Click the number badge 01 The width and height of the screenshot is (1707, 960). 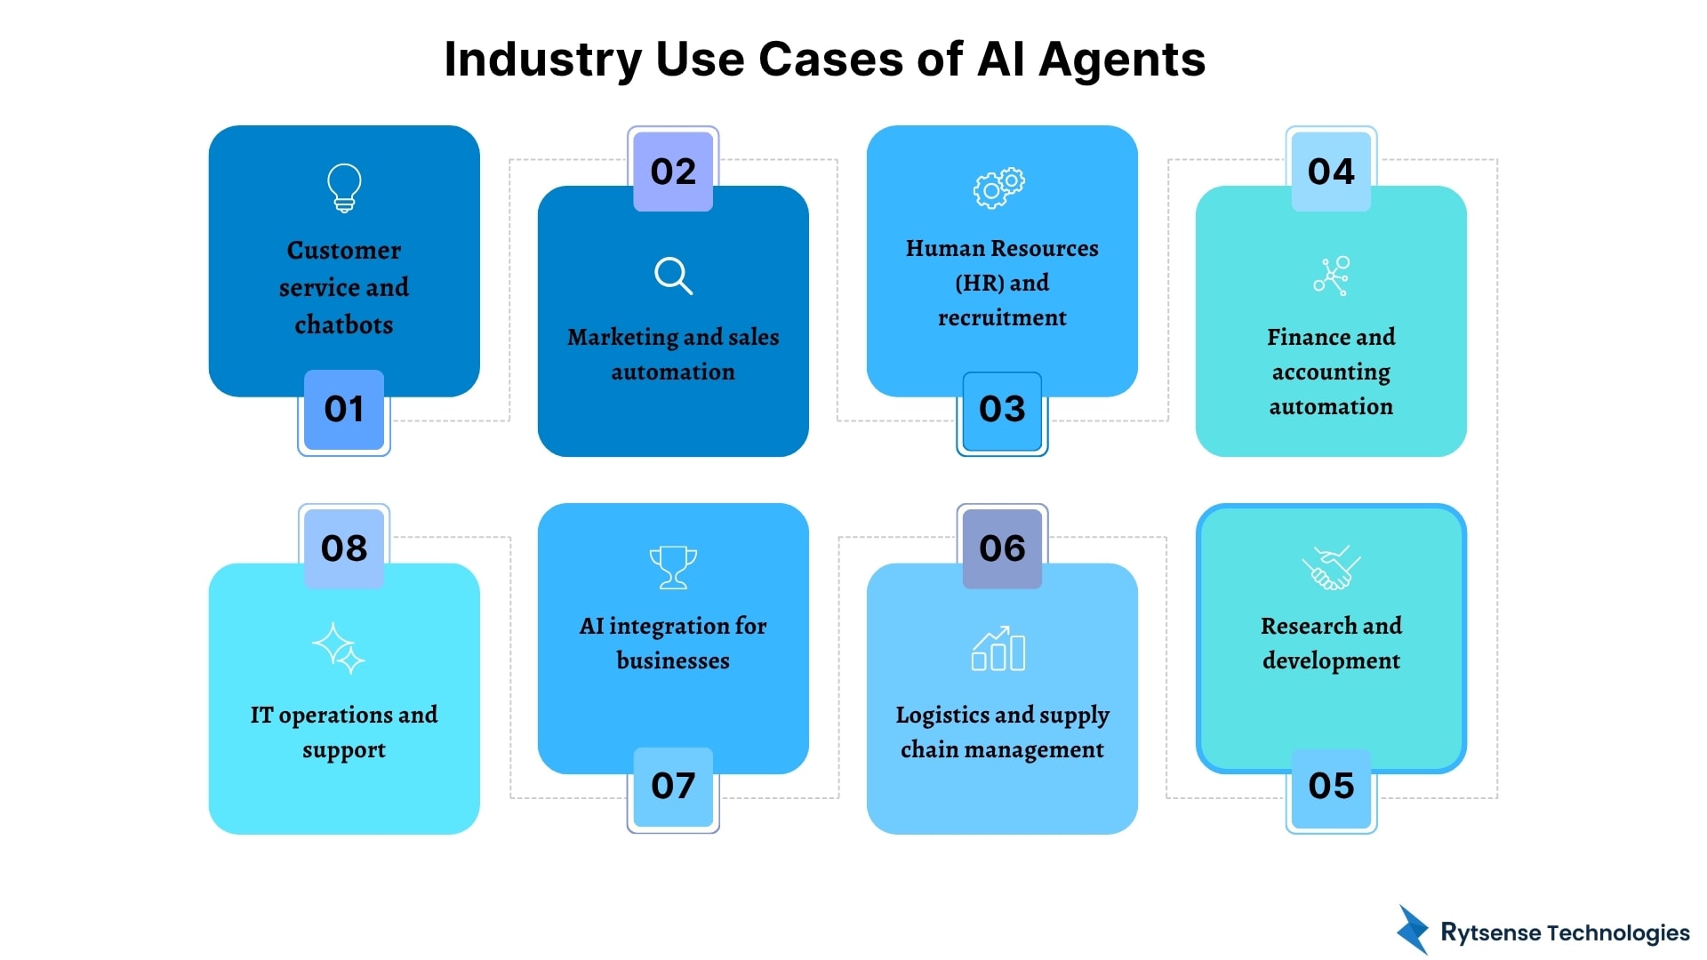(344, 410)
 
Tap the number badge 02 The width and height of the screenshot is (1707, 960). (673, 172)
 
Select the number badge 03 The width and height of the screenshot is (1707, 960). (1002, 410)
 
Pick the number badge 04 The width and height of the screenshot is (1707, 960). (1331, 172)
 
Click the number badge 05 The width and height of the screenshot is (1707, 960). (1331, 787)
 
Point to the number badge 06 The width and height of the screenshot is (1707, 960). (1002, 548)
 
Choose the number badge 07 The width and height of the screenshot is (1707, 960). (673, 787)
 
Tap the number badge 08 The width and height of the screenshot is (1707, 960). (344, 548)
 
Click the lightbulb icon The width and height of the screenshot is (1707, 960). (344, 187)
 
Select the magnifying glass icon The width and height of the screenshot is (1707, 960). (673, 276)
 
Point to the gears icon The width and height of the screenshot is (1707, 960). (998, 187)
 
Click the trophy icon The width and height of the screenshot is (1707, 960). (673, 567)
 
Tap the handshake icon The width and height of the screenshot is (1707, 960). (1331, 567)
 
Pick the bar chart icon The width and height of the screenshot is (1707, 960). (998, 649)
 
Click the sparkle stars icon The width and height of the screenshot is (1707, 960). (339, 648)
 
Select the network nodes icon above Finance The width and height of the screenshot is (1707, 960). (1331, 276)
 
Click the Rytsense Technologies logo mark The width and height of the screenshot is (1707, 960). (1412, 930)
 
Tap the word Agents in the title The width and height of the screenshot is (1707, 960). (1122, 60)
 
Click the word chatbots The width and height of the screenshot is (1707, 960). (344, 325)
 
